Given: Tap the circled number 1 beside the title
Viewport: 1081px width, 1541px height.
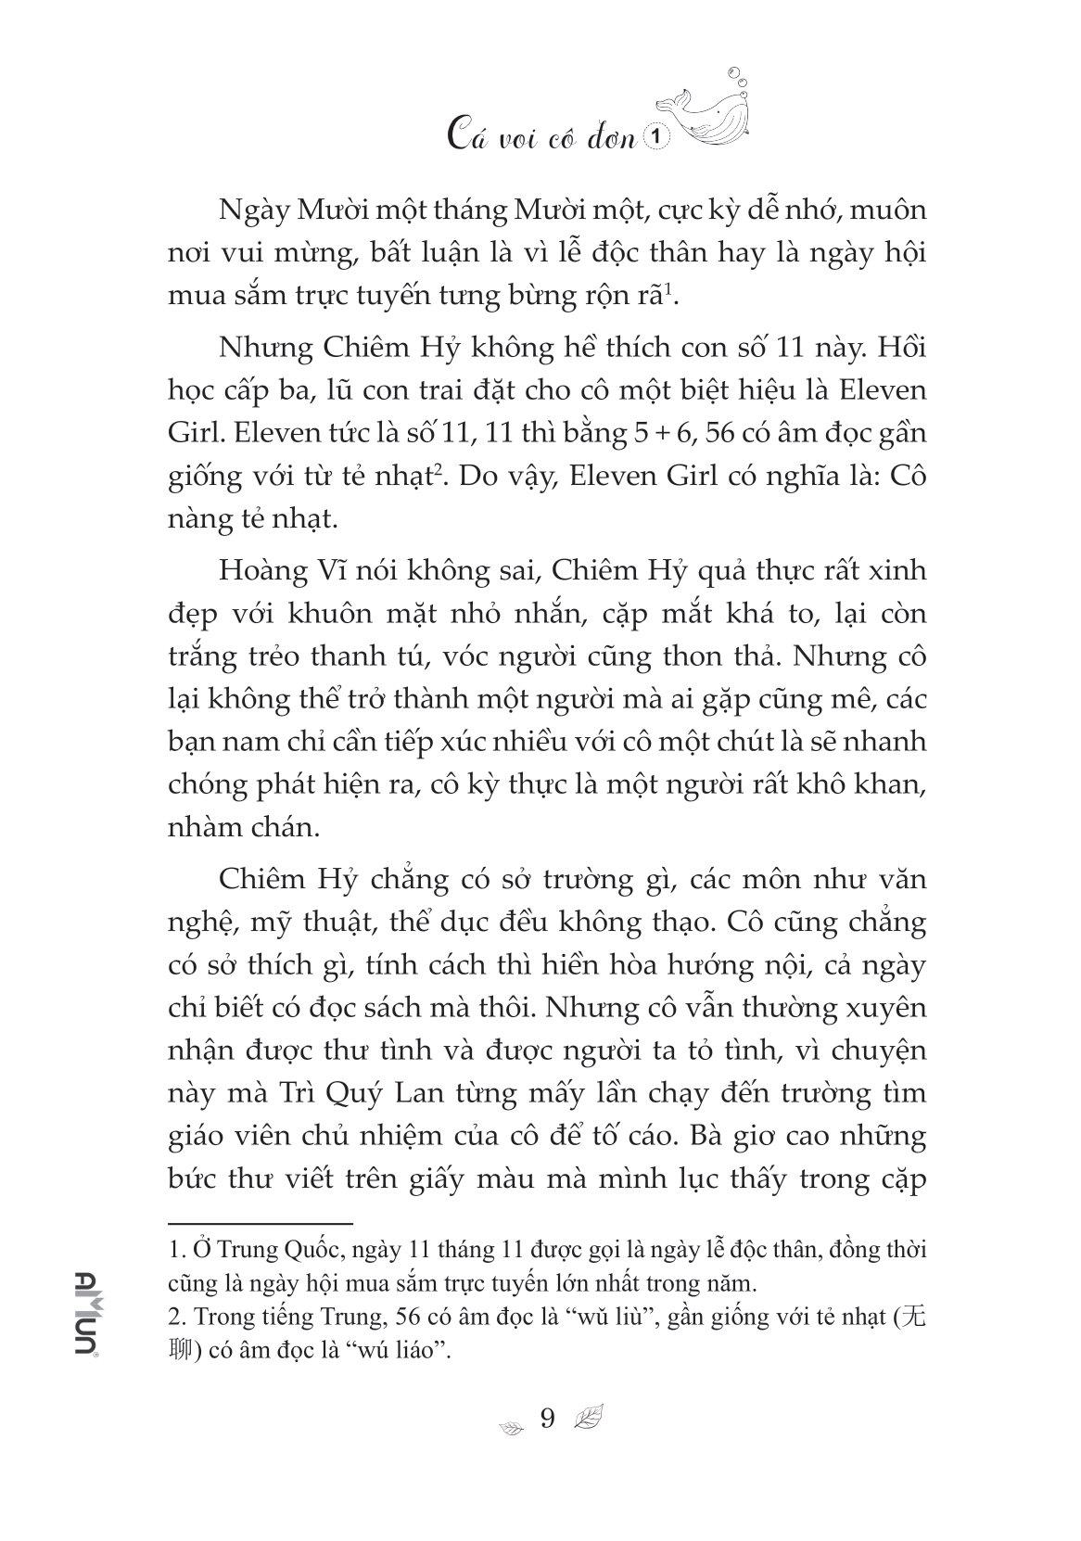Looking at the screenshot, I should [657, 138].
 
